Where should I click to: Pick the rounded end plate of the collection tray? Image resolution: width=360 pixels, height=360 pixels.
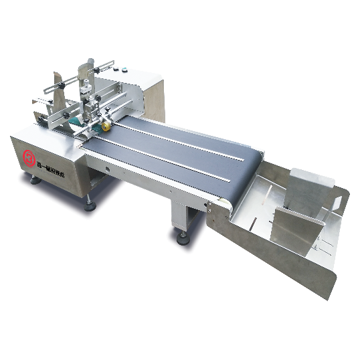(x=321, y=254)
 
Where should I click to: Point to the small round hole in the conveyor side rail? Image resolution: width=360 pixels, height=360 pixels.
(x=108, y=171)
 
